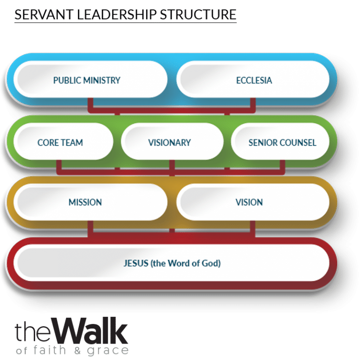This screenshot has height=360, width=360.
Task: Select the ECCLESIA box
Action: (x=254, y=80)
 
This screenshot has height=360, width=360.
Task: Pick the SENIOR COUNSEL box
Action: (x=281, y=142)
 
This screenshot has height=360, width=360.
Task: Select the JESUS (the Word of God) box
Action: (x=171, y=263)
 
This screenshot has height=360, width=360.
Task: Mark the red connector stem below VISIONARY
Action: (x=172, y=166)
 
